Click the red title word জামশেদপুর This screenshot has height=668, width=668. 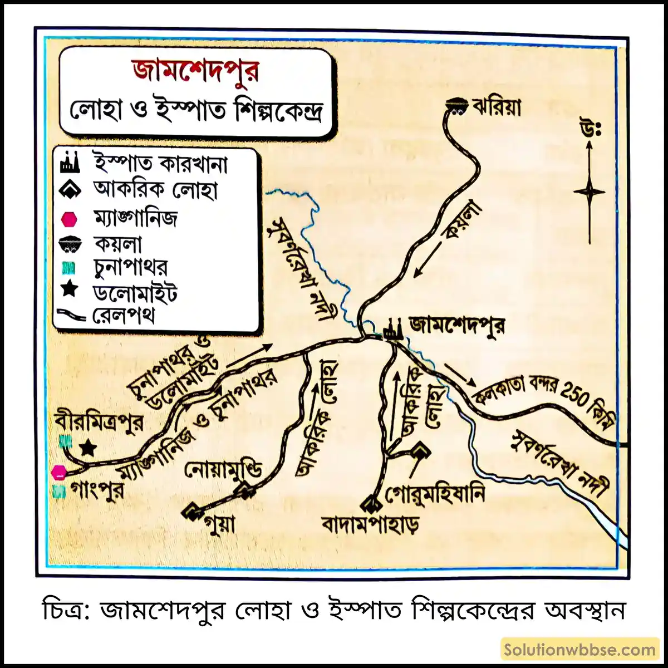(196, 72)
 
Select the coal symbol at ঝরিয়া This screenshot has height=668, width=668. (458, 105)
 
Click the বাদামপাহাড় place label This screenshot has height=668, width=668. (370, 524)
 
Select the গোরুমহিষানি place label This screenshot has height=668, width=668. (435, 493)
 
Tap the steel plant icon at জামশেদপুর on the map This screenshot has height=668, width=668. (392, 330)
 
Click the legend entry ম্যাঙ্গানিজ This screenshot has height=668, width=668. (135, 218)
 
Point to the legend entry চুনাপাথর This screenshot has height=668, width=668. (130, 268)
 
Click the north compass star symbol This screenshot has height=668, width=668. (589, 192)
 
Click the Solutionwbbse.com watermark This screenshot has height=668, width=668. (579, 650)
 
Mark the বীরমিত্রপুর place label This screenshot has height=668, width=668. (100, 421)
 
